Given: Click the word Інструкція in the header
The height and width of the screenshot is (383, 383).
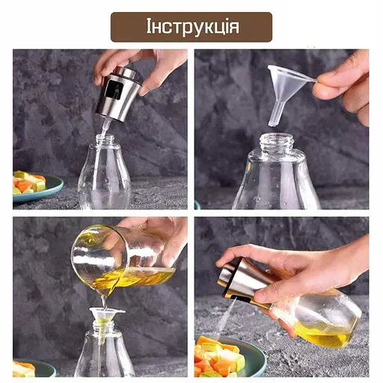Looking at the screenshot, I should tap(193, 28).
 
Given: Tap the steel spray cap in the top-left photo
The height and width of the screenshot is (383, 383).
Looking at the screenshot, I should tap(120, 94).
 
